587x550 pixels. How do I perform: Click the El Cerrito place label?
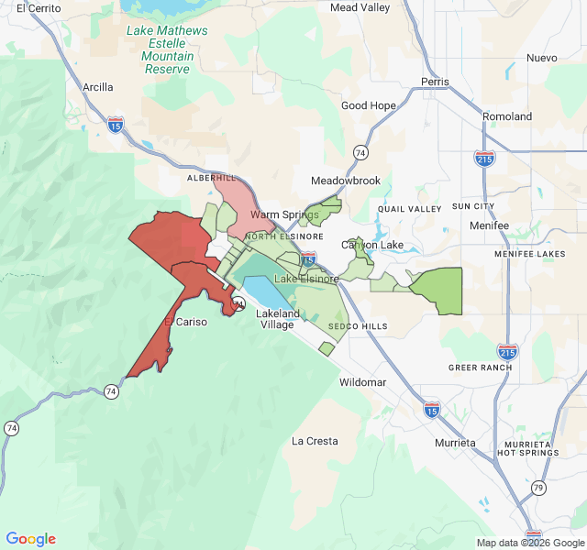pyautogui.click(x=38, y=8)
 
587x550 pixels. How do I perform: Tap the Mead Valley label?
pyautogui.click(x=360, y=7)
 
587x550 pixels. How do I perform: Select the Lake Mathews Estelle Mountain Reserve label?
pyautogui.click(x=167, y=49)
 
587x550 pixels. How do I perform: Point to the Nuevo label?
pyautogui.click(x=541, y=58)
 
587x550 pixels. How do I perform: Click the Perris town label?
pyautogui.click(x=435, y=82)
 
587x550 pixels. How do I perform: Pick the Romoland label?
pyautogui.click(x=507, y=117)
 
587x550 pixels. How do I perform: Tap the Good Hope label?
pyautogui.click(x=369, y=106)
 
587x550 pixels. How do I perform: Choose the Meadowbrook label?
pyautogui.click(x=346, y=181)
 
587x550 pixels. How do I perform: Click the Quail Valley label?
pyautogui.click(x=409, y=209)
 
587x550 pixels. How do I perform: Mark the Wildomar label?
pyautogui.click(x=363, y=382)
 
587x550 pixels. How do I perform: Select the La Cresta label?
pyautogui.click(x=315, y=441)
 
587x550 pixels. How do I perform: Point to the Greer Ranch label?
pyautogui.click(x=480, y=368)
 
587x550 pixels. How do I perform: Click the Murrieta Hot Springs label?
pyautogui.click(x=527, y=447)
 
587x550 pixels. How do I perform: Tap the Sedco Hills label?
pyautogui.click(x=358, y=326)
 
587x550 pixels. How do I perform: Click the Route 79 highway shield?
pyautogui.click(x=538, y=487)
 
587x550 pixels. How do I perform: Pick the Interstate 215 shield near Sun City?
pyautogui.click(x=485, y=159)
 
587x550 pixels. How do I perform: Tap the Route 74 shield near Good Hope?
pyautogui.click(x=361, y=152)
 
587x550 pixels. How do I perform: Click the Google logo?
pyautogui.click(x=31, y=539)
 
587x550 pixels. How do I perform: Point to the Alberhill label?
pyautogui.click(x=211, y=177)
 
